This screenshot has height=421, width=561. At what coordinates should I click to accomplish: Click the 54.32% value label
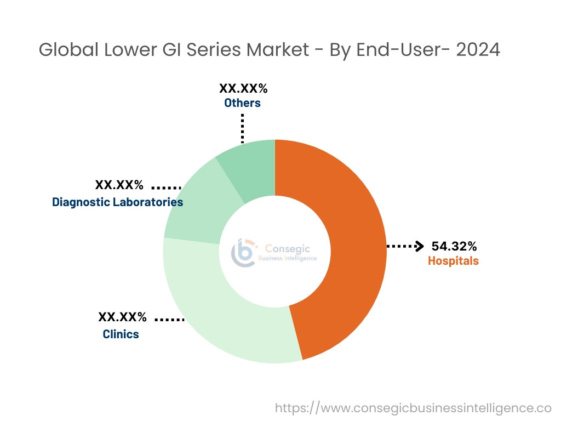coord(454,246)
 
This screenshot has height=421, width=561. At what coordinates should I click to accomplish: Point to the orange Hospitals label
coord(453,261)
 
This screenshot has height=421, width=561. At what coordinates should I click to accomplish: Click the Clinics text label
coord(121,334)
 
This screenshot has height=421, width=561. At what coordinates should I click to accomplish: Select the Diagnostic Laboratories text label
coord(118,202)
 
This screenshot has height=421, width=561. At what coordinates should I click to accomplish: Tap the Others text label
coord(242,103)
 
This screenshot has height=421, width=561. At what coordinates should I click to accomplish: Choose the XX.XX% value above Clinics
coord(122,317)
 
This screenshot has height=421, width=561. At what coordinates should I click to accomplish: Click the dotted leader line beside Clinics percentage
coord(169,318)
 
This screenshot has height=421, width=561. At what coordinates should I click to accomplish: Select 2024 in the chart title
coord(478,50)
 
